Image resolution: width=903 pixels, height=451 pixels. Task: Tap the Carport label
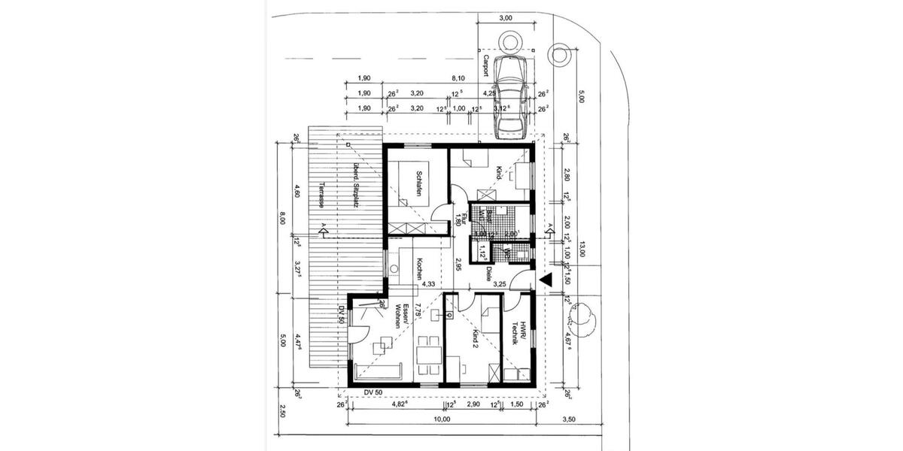[x=486, y=67]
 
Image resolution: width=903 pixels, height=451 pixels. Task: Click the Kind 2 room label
[x=475, y=341]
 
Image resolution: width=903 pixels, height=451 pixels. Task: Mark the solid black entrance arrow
[x=547, y=280]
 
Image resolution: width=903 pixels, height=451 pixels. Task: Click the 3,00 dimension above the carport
[x=506, y=18]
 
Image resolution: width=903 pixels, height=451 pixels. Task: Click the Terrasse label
[x=321, y=195]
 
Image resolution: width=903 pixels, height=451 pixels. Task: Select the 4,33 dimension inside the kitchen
[x=429, y=284]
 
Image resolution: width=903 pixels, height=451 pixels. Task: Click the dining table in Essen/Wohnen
[x=429, y=354]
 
